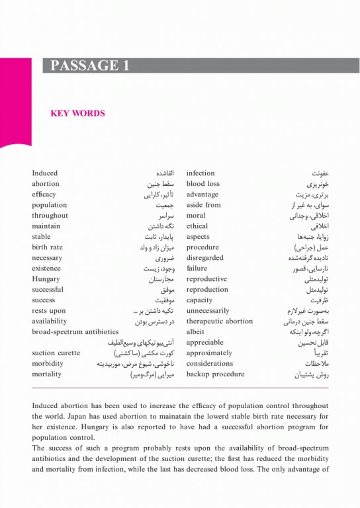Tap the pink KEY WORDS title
[x=77, y=113]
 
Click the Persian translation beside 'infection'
[x=318, y=173]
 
